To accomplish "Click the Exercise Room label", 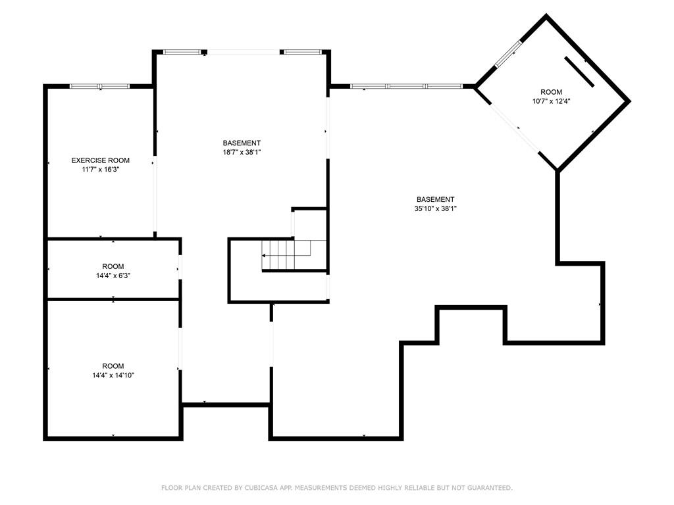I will pyautogui.click(x=100, y=160).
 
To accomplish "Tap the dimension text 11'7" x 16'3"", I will pyautogui.click(x=100, y=169).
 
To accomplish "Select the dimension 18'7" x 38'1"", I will pyautogui.click(x=242, y=152).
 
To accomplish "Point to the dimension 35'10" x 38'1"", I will pyautogui.click(x=435, y=208).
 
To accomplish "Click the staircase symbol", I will pyautogui.click(x=286, y=255).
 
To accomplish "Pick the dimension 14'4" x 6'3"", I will pyautogui.click(x=113, y=276).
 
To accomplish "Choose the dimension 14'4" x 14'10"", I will pyautogui.click(x=113, y=375).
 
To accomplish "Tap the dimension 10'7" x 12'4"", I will pyautogui.click(x=552, y=101).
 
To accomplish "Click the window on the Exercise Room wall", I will pyautogui.click(x=100, y=86).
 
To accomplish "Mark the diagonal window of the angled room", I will pyautogui.click(x=508, y=54).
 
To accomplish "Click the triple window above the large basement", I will pyautogui.click(x=406, y=86).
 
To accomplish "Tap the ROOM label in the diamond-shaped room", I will pyautogui.click(x=552, y=92).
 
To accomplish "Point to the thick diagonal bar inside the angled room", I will pyautogui.click(x=579, y=72).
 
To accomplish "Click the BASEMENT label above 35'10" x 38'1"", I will pyautogui.click(x=435, y=200).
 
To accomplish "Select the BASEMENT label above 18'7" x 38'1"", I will pyautogui.click(x=242, y=143).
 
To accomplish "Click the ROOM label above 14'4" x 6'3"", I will pyautogui.click(x=113, y=267).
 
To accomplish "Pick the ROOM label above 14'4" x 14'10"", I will pyautogui.click(x=113, y=366).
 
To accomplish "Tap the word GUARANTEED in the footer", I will pyautogui.click(x=488, y=488).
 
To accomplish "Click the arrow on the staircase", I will pyautogui.click(x=265, y=255).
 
